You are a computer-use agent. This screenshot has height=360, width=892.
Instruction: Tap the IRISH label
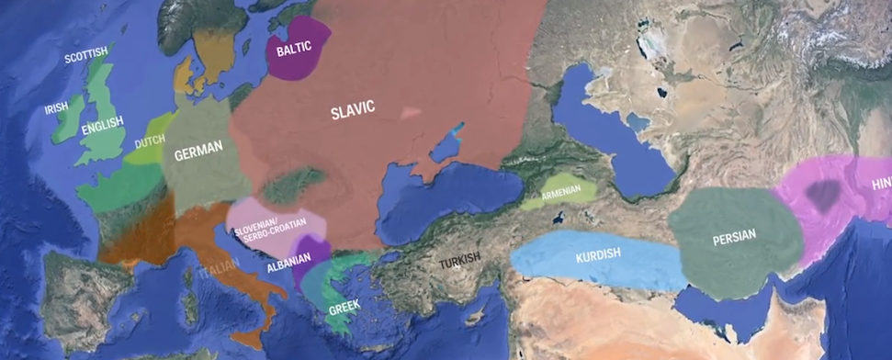click(x=57, y=108)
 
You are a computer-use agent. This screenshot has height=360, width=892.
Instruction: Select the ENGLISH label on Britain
click(x=102, y=129)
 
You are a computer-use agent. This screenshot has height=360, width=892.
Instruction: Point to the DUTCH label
click(x=150, y=143)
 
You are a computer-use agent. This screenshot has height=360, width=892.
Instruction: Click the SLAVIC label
click(x=353, y=109)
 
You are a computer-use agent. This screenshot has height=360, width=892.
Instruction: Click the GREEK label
click(x=344, y=306)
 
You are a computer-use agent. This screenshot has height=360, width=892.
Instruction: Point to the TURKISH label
click(x=459, y=263)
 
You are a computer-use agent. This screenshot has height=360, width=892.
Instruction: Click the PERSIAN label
click(x=733, y=236)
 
